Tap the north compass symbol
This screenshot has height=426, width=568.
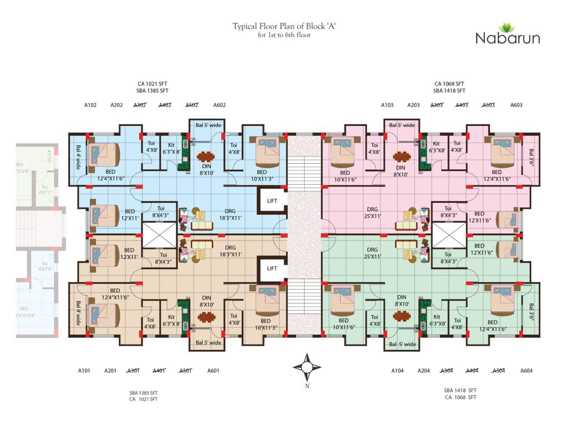[x=307, y=367]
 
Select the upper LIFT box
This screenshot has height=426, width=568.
[x=272, y=201]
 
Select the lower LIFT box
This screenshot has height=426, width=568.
[x=272, y=268]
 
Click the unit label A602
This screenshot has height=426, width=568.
[x=219, y=105]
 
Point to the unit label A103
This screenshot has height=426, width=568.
[x=387, y=105]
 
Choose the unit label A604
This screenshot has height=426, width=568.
[x=526, y=371]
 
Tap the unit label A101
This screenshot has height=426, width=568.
[x=84, y=371]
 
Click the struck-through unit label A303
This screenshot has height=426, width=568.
[x=437, y=105]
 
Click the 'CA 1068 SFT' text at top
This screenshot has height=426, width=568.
[x=449, y=84]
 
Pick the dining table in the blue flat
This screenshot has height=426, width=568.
[x=206, y=156]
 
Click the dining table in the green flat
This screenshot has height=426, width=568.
[x=401, y=316]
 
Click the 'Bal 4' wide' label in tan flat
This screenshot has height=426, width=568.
[x=78, y=313]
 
